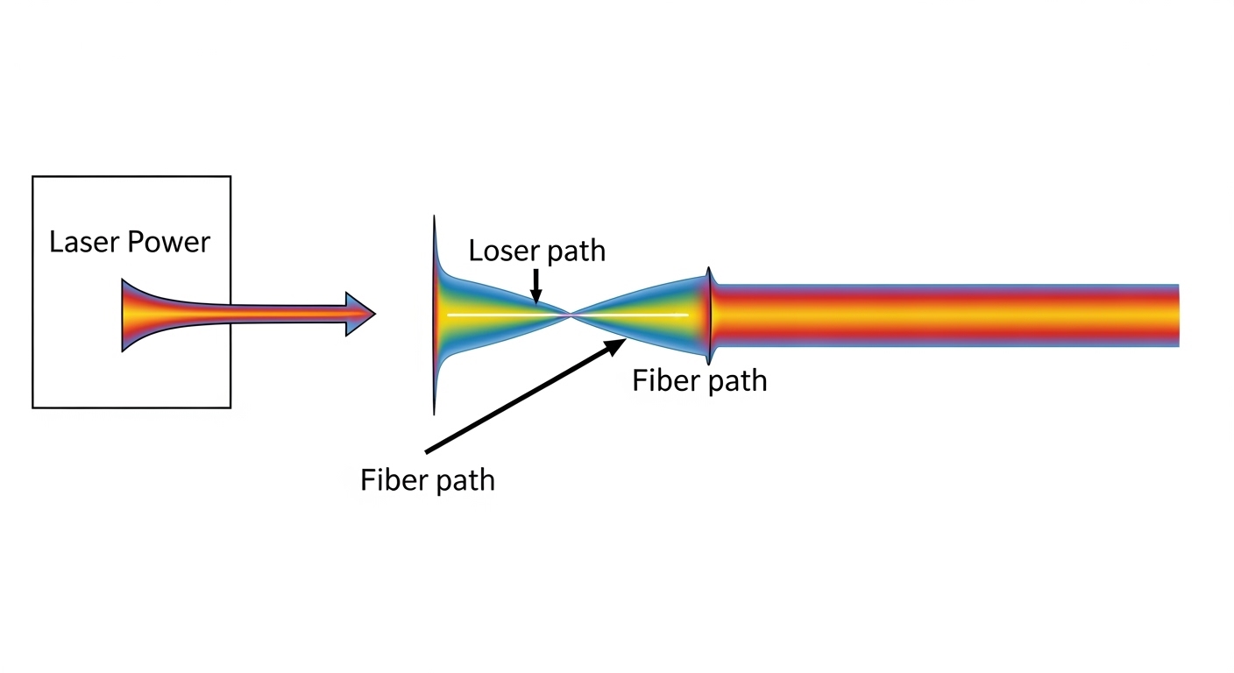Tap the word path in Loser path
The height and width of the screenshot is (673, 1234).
coord(575,251)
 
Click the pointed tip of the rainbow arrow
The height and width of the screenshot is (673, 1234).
coord(373,313)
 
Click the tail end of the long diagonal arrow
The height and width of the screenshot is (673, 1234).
coord(427,452)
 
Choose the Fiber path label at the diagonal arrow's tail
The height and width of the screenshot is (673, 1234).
coord(428,480)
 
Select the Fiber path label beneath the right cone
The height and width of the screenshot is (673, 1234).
coord(699,380)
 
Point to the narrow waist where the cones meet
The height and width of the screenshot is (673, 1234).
coord(571,314)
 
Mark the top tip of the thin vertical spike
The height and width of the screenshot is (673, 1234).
coord(434,216)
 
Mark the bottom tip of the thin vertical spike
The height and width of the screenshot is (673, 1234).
coord(434,413)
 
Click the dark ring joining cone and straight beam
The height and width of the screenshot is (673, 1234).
coord(710,315)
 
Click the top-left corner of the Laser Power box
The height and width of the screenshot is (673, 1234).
coord(33,177)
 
